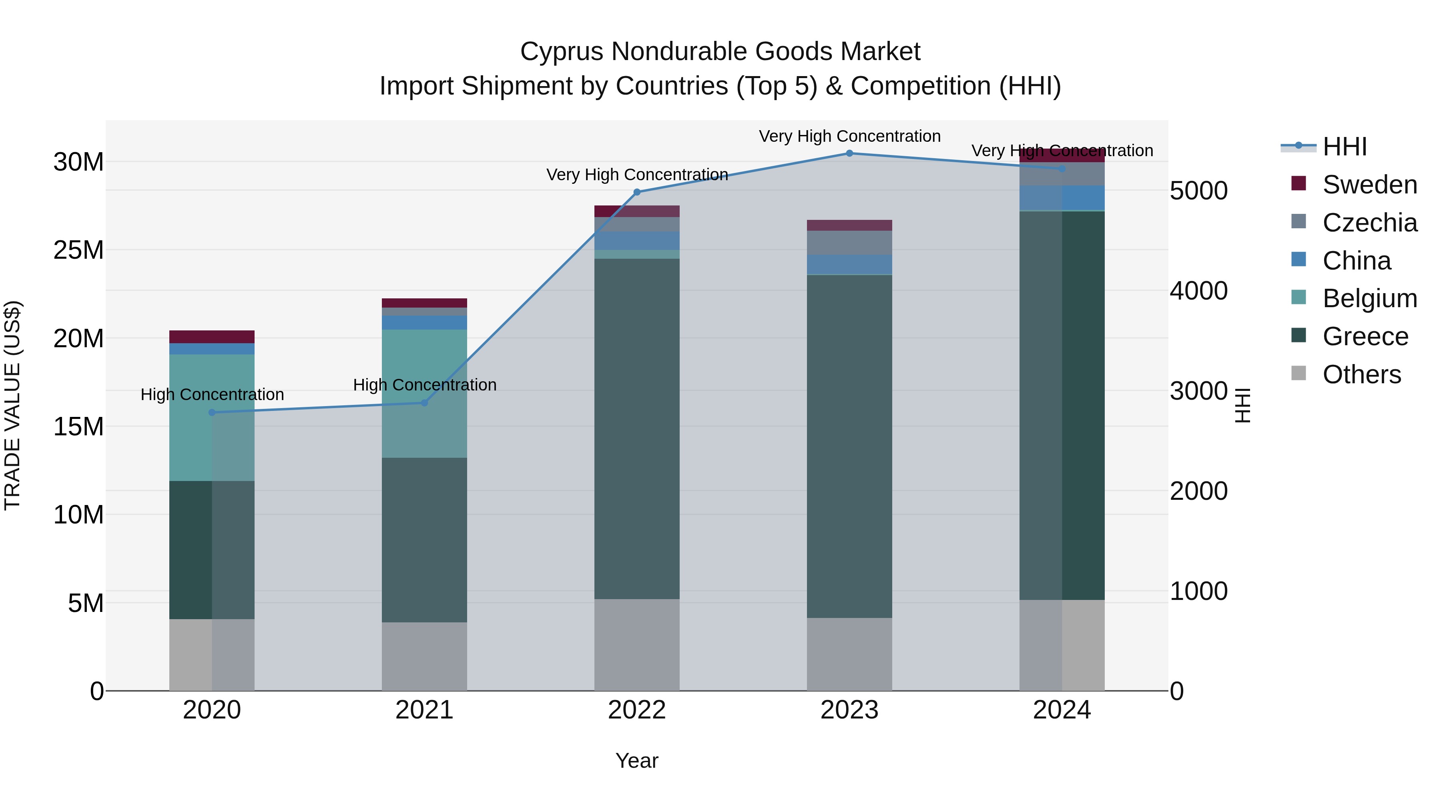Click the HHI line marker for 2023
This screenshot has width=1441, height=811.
849,153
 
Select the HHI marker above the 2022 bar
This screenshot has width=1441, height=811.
636,192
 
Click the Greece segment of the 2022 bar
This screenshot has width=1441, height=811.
636,428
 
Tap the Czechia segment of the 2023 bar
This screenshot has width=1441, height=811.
849,242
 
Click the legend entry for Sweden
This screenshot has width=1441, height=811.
1369,185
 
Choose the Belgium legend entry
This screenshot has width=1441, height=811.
1369,298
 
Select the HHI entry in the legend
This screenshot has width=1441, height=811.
1344,147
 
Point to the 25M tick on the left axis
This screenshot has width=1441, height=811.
78,250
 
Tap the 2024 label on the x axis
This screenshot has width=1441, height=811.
1061,710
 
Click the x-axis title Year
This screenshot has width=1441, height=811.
636,761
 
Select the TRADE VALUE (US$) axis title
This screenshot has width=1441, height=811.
12,405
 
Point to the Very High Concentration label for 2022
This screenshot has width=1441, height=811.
636,175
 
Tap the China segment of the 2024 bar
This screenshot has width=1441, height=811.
1061,197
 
